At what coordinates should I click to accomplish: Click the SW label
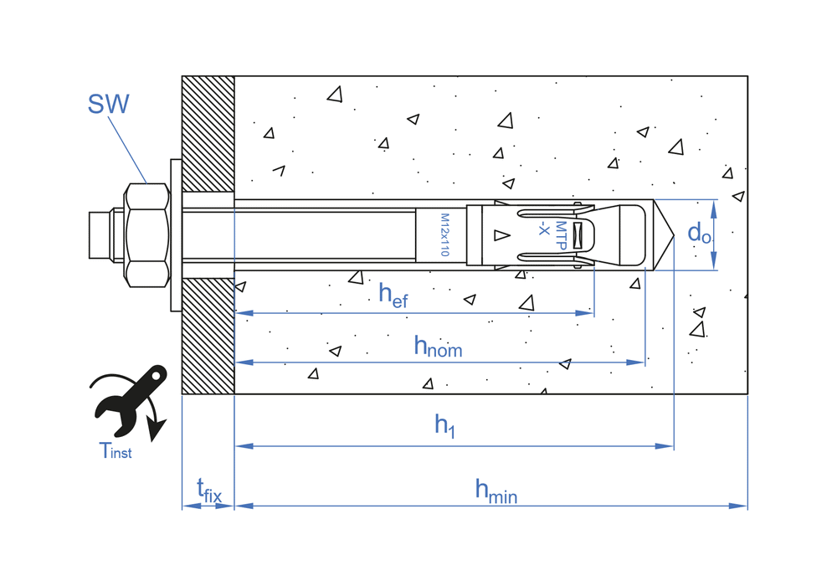[109, 105]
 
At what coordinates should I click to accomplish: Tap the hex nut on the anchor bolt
[146, 234]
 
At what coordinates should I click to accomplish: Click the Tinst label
[116, 451]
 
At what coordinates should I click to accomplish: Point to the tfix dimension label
[208, 490]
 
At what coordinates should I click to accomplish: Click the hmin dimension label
[496, 491]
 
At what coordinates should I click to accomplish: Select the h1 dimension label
[444, 426]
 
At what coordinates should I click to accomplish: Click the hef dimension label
[393, 295]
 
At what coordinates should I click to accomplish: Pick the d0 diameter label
[699, 234]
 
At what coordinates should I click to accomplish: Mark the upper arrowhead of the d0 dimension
[714, 206]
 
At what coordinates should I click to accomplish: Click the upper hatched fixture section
[208, 134]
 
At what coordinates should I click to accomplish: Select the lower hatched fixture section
[208, 336]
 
